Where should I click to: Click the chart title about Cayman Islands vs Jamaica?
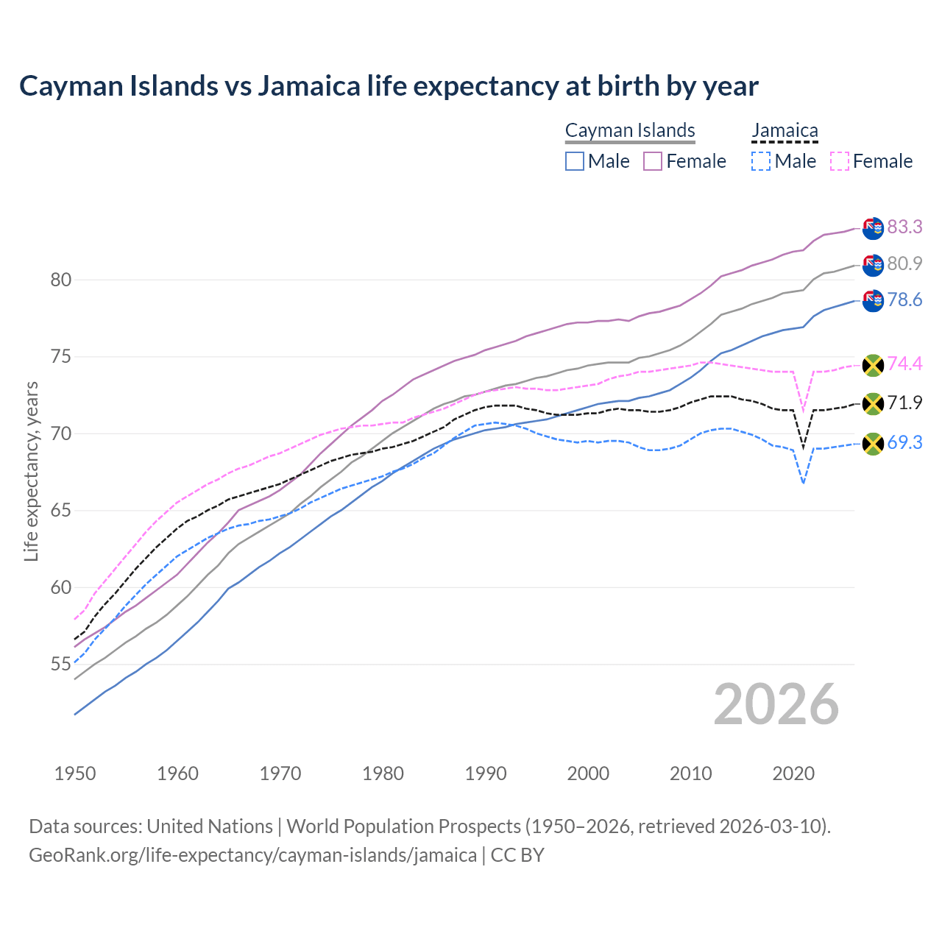point(389,86)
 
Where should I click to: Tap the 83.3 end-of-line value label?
point(904,227)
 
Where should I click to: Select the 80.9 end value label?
point(904,263)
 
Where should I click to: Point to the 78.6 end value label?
point(904,300)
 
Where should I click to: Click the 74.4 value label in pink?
point(904,364)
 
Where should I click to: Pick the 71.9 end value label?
point(904,403)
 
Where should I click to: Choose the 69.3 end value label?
point(904,442)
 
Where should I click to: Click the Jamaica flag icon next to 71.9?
point(873,403)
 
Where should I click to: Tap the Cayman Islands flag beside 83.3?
point(873,228)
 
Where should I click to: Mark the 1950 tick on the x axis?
point(75,773)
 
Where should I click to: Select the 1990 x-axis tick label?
point(486,773)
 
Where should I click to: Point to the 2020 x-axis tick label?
point(793,773)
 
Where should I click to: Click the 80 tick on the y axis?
point(60,280)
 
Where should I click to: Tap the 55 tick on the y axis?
point(60,664)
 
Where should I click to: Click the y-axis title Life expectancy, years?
point(31,471)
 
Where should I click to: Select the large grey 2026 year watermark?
point(776,704)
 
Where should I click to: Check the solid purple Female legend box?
point(653,161)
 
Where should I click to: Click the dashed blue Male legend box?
point(761,161)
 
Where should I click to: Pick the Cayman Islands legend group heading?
point(630,130)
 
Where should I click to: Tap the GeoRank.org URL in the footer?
point(252,855)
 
